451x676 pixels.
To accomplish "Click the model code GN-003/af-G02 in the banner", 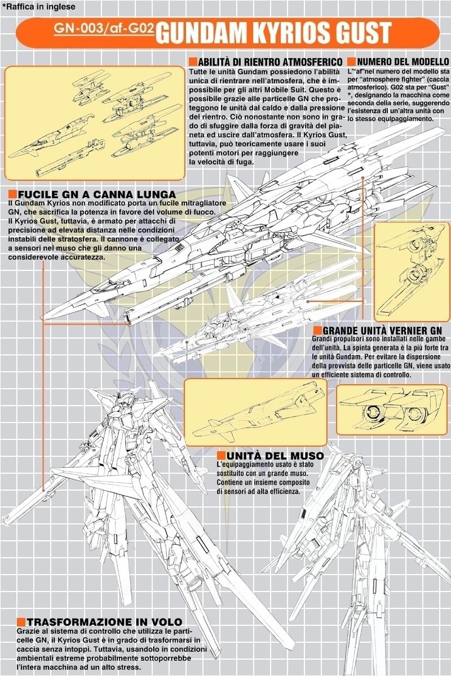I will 103,31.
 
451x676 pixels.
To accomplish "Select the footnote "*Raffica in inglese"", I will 38,7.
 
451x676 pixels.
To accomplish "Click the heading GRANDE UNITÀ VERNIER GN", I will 385,330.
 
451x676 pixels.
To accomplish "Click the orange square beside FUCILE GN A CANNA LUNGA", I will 13,194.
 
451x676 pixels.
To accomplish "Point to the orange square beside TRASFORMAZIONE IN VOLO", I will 21,622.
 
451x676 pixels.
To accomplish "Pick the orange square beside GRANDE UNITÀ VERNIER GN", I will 317,330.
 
